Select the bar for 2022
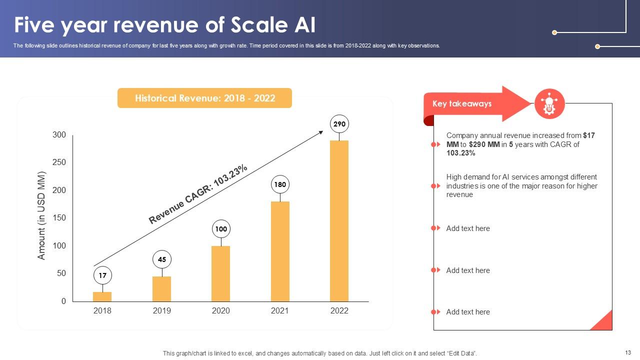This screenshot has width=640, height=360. pos(339,221)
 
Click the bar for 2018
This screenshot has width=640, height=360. pos(102,296)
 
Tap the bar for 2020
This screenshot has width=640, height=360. pos(220,273)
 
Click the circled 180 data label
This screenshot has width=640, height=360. pos(280,184)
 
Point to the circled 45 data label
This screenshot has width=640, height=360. pos(162,259)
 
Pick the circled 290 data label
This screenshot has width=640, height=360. pos(339,124)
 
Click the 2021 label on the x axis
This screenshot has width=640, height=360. pos(280,310)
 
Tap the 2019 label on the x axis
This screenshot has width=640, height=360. pos(161,310)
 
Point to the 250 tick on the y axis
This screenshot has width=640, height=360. pos(59,162)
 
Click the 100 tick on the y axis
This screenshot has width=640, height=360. pos(59,246)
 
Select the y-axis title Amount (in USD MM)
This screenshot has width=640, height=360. pos(41,215)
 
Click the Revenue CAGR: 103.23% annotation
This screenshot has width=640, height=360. pos(198,194)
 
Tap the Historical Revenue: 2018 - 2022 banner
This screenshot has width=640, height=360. pos(204,98)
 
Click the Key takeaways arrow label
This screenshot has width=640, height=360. pos(462,104)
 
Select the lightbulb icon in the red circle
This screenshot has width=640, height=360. pos(549,104)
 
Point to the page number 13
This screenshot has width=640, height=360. pos(628,352)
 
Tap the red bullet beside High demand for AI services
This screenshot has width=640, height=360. pos(435,186)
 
